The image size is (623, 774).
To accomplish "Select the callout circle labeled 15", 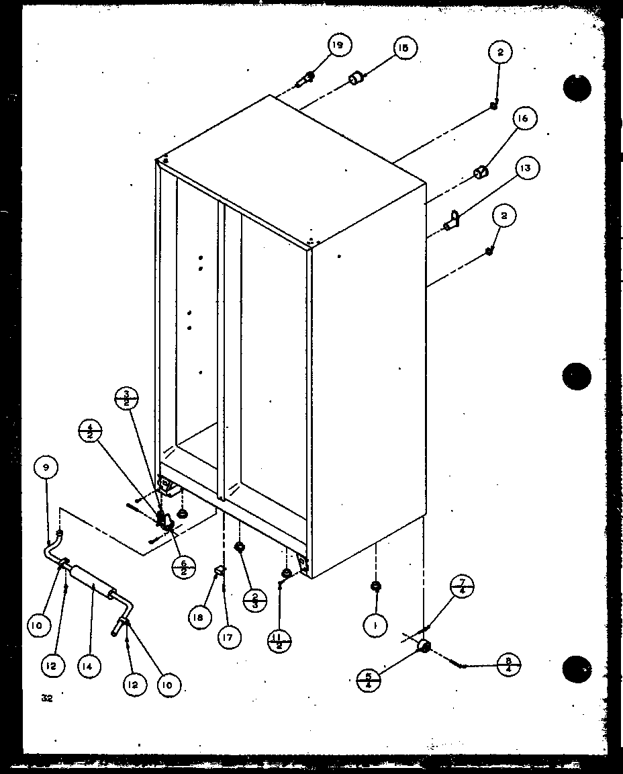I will [x=404, y=48].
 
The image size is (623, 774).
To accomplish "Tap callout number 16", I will [x=524, y=119].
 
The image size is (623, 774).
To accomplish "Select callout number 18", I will [x=200, y=617].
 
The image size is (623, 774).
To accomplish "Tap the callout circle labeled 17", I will [x=229, y=636].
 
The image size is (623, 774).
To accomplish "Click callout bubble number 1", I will [x=375, y=626].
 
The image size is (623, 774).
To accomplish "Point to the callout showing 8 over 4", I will [x=508, y=666].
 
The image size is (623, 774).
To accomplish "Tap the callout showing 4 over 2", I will [x=90, y=430].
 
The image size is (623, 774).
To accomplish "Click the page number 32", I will [x=46, y=698].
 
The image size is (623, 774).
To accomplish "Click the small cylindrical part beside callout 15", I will [x=355, y=80].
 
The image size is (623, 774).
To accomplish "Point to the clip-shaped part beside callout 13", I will [x=454, y=220].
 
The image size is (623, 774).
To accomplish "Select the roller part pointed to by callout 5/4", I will [x=423, y=646].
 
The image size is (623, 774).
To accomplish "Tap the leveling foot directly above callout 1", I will [x=375, y=587].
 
